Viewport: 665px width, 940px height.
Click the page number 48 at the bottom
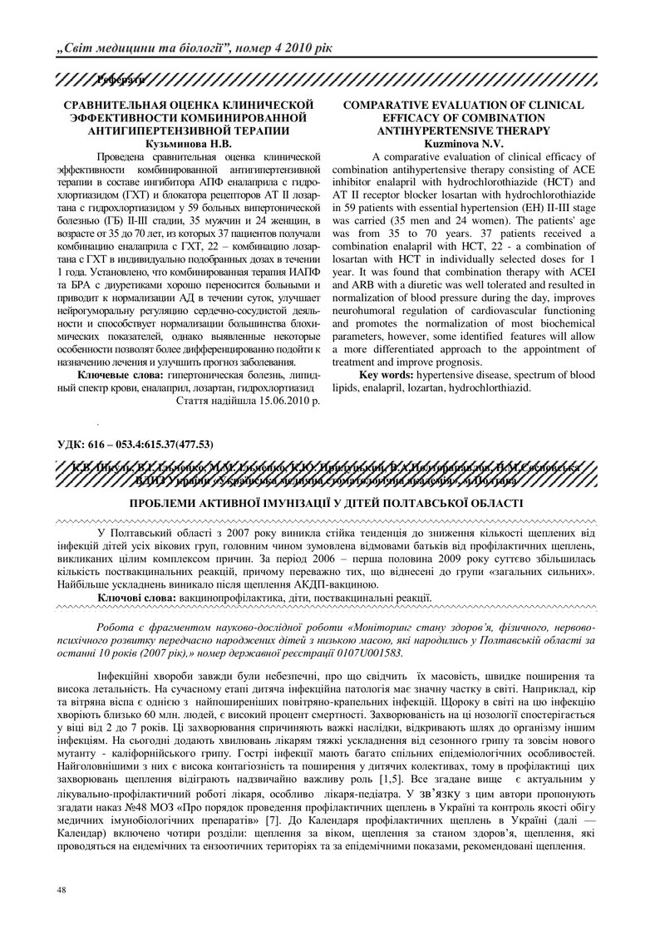(61, 890)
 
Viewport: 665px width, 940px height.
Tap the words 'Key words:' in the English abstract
(390, 375)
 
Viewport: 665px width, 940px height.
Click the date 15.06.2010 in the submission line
(280, 400)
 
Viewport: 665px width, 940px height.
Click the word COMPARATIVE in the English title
(397, 106)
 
